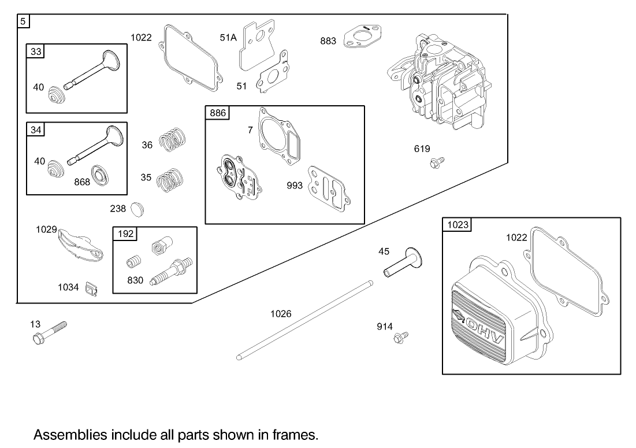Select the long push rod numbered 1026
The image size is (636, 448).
pos(304,320)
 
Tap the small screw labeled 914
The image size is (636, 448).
pos(401,337)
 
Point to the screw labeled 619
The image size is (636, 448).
pos(437,162)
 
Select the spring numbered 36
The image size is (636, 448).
pos(172,140)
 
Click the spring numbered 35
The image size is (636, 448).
pos(170,180)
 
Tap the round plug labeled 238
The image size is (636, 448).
pos(137,209)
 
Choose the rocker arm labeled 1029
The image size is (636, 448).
pos(80,245)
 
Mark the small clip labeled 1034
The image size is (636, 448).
pos(92,290)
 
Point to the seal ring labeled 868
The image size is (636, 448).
pos(101,175)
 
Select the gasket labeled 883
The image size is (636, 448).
pos(362,36)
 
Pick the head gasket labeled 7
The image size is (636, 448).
pos(280,136)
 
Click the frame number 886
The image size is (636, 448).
pos(217,113)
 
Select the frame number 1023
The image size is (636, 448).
pos(458,225)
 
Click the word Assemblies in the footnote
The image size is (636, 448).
pos(70,435)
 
